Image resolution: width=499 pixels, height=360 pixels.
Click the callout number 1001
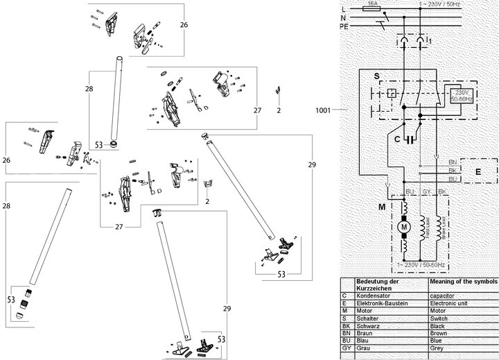point(324,110)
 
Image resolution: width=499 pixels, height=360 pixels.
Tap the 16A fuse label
point(371,3)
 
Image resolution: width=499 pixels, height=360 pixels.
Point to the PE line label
point(344,26)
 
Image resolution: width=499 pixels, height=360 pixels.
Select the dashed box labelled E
point(478,170)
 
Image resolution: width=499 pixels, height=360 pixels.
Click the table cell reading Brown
point(440,333)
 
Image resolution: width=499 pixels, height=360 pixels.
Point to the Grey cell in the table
point(438,348)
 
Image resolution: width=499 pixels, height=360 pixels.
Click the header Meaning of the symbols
point(464,282)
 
